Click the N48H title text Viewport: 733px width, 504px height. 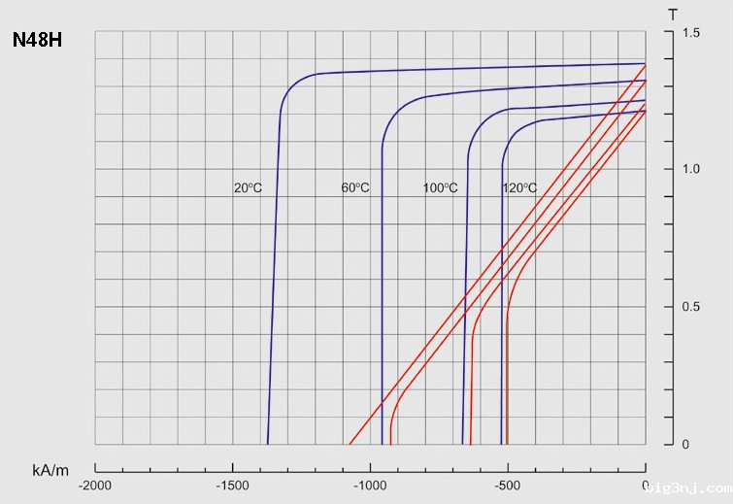[38, 42]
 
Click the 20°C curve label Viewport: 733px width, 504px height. [248, 187]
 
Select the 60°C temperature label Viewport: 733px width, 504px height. [355, 187]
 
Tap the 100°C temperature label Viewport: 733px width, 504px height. [440, 187]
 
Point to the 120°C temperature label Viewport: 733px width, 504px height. [518, 187]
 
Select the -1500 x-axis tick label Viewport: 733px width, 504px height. [231, 485]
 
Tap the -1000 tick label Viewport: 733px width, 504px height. [369, 485]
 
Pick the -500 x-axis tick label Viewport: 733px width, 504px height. [507, 485]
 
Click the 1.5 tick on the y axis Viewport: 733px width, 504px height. [690, 33]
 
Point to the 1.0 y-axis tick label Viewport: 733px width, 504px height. [690, 170]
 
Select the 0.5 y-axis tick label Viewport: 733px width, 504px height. [690, 307]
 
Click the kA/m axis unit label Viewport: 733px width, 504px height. [50, 470]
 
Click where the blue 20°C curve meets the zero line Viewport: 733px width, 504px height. [268, 444]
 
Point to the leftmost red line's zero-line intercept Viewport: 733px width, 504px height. [349, 444]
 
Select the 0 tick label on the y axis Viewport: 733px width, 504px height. [685, 445]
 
